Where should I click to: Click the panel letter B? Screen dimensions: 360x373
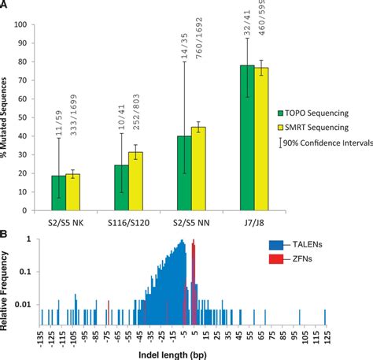(6, 234)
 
